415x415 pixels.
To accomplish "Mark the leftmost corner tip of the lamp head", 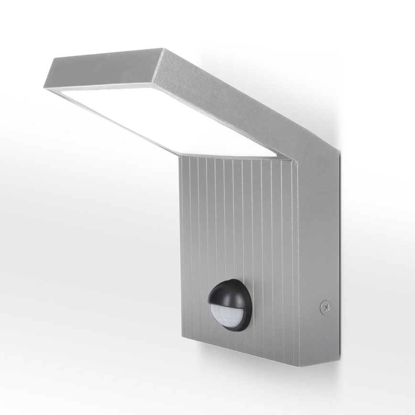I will point(45,87).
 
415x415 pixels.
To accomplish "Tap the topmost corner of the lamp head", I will point(163,48).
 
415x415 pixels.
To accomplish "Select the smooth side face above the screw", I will point(318,229).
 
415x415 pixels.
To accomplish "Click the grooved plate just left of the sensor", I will point(196,306).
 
